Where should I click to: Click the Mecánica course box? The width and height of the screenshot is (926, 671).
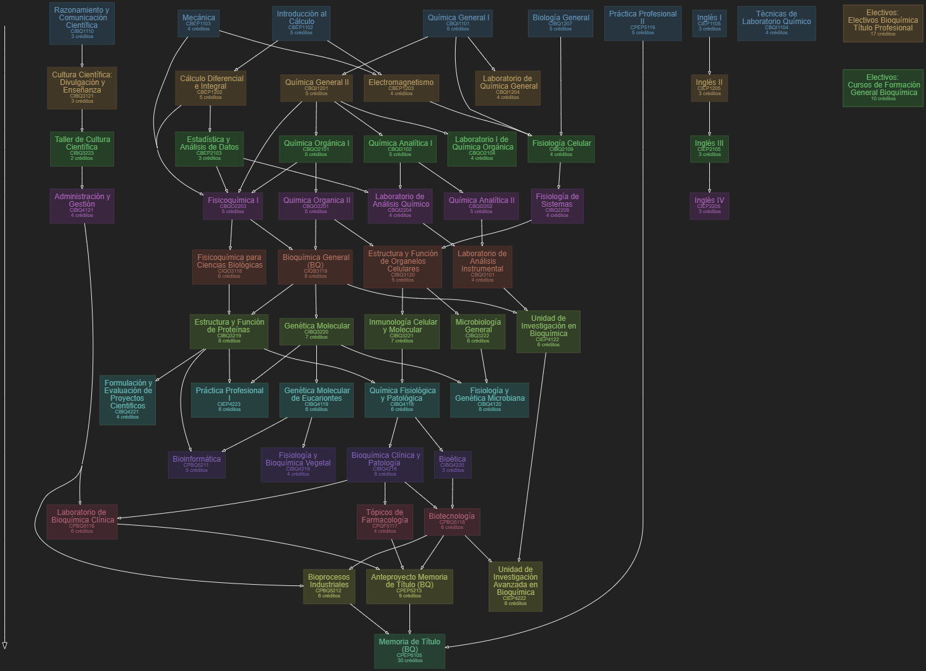point(199,23)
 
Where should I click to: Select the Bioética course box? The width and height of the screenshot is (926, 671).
point(453,464)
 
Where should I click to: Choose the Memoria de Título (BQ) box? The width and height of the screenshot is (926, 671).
point(409,650)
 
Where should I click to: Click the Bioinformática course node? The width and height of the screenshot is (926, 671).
point(196,464)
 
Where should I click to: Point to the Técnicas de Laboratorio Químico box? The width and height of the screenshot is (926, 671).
point(776,23)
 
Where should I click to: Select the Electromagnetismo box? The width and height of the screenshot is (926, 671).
point(401,88)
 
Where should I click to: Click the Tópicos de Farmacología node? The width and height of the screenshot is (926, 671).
point(385,521)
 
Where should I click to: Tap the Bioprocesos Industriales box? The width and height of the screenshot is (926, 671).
point(329,586)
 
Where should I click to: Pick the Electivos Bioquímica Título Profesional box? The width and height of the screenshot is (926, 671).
point(883,23)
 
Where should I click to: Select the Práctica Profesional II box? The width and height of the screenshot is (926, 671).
point(643,23)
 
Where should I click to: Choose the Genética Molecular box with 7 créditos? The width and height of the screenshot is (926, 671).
point(316,331)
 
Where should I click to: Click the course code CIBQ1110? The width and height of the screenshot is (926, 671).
point(82,31)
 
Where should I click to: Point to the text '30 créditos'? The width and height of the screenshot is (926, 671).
point(409,661)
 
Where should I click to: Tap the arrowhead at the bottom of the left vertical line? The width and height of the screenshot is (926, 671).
point(4,645)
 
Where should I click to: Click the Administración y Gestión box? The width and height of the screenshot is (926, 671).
point(82,205)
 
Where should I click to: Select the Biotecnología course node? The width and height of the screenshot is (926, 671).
point(452,521)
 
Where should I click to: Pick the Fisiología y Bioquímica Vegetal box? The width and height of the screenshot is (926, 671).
point(298,464)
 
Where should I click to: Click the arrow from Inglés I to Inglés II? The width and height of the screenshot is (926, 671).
point(709,56)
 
